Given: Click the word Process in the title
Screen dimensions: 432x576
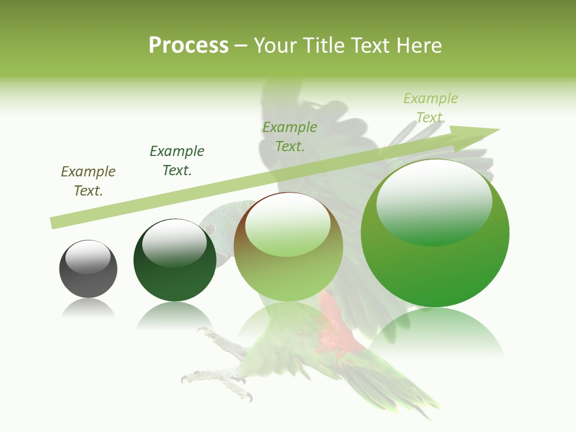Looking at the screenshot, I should (188, 46).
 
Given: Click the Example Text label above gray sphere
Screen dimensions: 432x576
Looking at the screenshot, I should (88, 181).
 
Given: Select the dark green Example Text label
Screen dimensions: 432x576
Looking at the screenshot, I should (177, 161).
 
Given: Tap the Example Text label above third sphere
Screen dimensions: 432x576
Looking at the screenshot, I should (290, 137).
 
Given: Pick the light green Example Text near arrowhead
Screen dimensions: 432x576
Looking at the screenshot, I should (430, 108).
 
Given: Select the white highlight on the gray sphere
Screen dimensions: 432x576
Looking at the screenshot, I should (88, 257).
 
